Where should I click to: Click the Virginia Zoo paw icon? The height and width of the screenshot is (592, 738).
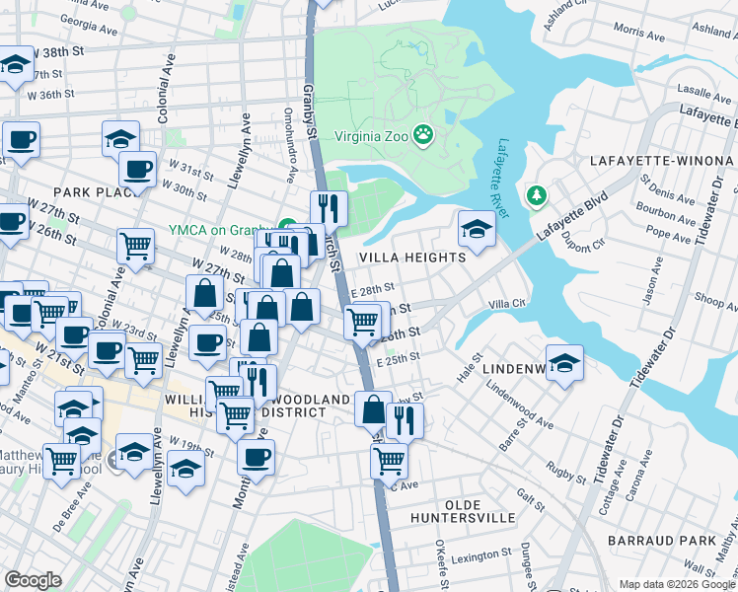[423, 133]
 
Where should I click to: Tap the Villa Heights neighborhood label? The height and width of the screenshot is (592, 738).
[411, 258]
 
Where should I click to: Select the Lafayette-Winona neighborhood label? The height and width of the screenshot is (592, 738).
[660, 160]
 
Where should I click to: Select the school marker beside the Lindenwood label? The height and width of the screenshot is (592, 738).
[564, 363]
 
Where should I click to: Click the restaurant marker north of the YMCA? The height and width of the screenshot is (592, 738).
[329, 208]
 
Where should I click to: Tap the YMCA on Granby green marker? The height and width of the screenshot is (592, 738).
[287, 226]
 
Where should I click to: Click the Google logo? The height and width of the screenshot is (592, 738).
[34, 580]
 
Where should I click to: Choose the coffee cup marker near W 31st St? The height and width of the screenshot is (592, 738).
[137, 169]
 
